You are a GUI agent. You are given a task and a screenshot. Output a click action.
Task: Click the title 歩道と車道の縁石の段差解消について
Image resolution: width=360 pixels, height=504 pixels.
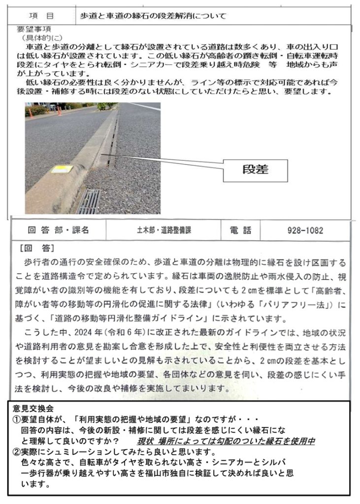[x=153, y=16]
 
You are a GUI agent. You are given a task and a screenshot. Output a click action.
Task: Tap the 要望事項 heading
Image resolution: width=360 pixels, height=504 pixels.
[x=34, y=29]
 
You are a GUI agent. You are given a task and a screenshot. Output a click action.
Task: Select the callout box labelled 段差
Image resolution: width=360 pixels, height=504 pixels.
[x=255, y=169]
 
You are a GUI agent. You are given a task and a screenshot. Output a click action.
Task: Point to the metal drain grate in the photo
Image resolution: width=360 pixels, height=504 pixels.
[x=89, y=201]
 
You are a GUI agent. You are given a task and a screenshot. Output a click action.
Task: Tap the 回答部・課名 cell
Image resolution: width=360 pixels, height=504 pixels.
[x=58, y=230]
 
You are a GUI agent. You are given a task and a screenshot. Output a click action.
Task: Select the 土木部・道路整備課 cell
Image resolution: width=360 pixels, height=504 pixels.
[x=164, y=230]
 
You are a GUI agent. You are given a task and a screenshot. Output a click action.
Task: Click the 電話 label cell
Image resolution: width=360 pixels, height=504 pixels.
[x=240, y=230]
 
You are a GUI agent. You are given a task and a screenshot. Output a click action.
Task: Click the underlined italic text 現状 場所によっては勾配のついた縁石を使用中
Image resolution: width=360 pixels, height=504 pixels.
[x=226, y=441]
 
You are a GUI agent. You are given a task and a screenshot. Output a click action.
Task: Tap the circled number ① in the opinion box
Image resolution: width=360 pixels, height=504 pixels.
[x=16, y=419]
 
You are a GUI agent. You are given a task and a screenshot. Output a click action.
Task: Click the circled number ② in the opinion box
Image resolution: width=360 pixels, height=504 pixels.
[x=16, y=452]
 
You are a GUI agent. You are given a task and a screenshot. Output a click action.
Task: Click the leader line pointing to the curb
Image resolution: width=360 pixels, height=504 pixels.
[x=163, y=161]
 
